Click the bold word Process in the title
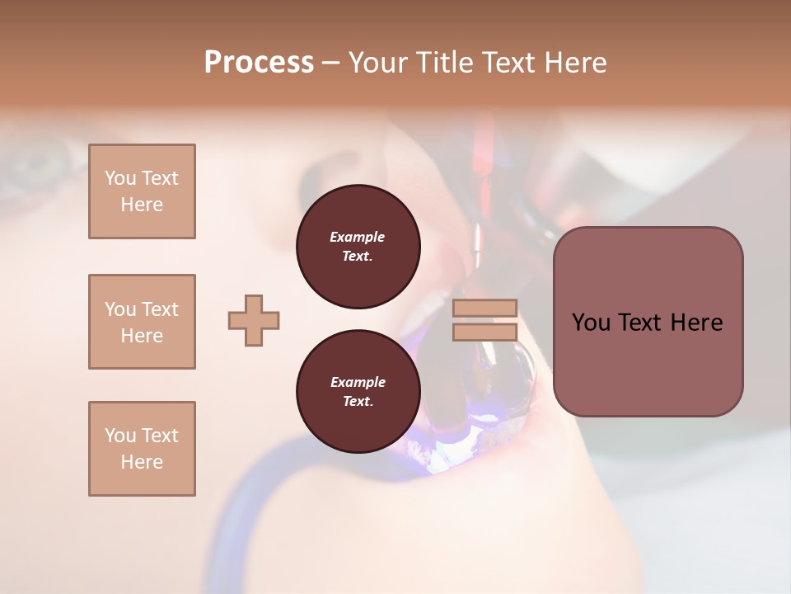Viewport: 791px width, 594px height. pyautogui.click(x=259, y=63)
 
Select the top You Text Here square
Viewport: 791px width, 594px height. pyautogui.click(x=142, y=191)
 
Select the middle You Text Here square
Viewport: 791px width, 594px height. pyautogui.click(x=142, y=322)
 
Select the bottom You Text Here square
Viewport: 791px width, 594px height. pyautogui.click(x=142, y=449)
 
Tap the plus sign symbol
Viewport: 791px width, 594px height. pyautogui.click(x=254, y=320)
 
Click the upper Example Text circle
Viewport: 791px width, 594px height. pyautogui.click(x=358, y=247)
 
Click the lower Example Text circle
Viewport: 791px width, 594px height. pyautogui.click(x=358, y=392)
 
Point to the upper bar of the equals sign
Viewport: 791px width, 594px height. pyautogui.click(x=484, y=309)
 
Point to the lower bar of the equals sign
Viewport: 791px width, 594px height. pyautogui.click(x=484, y=332)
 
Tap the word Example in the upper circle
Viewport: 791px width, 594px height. pyautogui.click(x=358, y=237)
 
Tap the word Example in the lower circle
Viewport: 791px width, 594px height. pyautogui.click(x=358, y=382)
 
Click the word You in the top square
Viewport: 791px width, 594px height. pyautogui.click(x=120, y=178)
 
